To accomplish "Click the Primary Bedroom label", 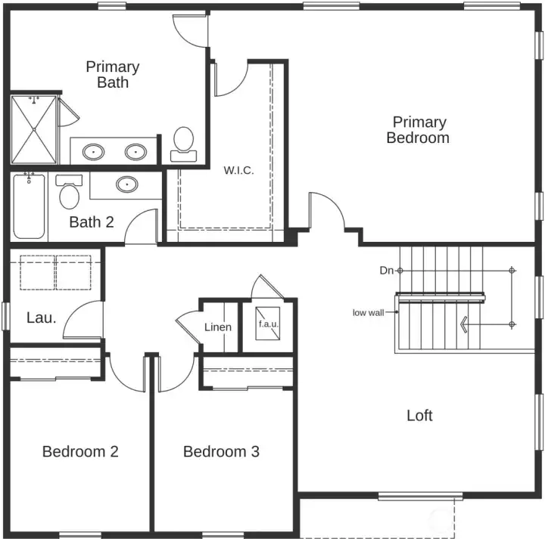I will (419, 130).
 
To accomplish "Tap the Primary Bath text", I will (112, 74).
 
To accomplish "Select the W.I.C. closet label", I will (238, 171).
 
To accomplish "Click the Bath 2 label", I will (92, 221).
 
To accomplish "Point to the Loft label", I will (419, 415).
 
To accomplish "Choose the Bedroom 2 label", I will (80, 451).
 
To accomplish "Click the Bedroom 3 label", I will (221, 451).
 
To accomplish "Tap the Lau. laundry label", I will (41, 318).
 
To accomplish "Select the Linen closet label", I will (218, 327).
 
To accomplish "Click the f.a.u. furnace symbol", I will (269, 324).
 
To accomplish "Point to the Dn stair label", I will (385, 270).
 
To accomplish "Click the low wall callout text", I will (368, 312).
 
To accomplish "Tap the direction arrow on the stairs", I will (463, 324).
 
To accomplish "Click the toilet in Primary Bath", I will (183, 143).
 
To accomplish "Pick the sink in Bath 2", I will (126, 184).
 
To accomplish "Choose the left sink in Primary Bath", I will (94, 150).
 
